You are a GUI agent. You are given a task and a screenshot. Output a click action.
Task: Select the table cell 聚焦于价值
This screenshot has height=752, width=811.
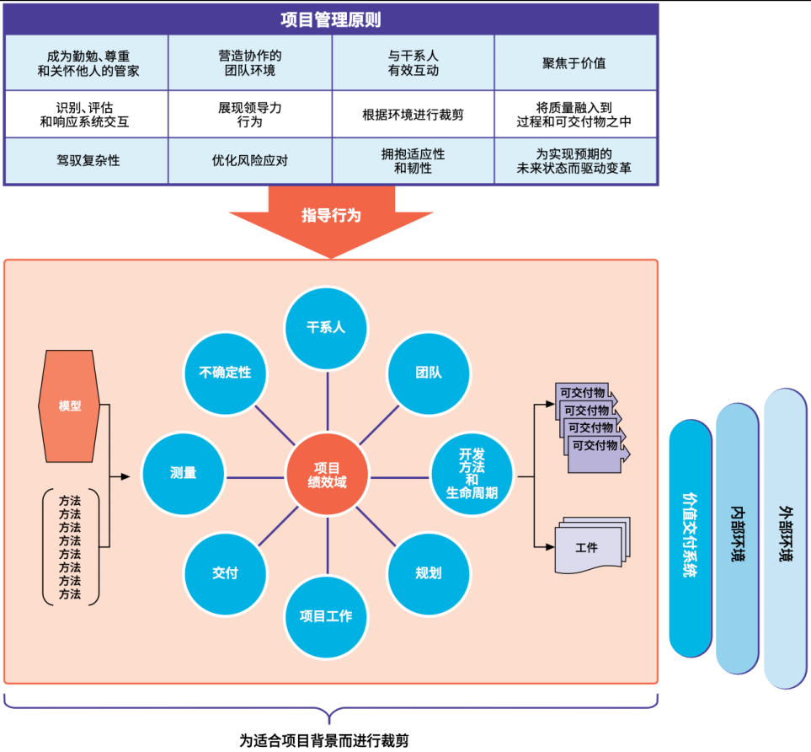[x=574, y=63]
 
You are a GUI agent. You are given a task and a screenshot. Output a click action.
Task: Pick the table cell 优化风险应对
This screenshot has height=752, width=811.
[x=250, y=160]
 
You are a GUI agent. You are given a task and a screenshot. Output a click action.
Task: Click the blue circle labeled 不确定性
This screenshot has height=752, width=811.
[x=225, y=373]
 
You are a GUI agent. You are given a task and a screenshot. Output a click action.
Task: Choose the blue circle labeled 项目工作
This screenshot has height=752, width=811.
[x=325, y=616]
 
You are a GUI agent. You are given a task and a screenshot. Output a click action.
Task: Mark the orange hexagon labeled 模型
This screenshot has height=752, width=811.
[x=70, y=406]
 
